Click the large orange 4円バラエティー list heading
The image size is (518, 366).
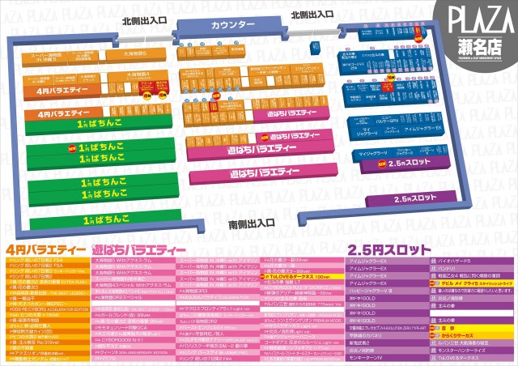click(46, 249)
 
